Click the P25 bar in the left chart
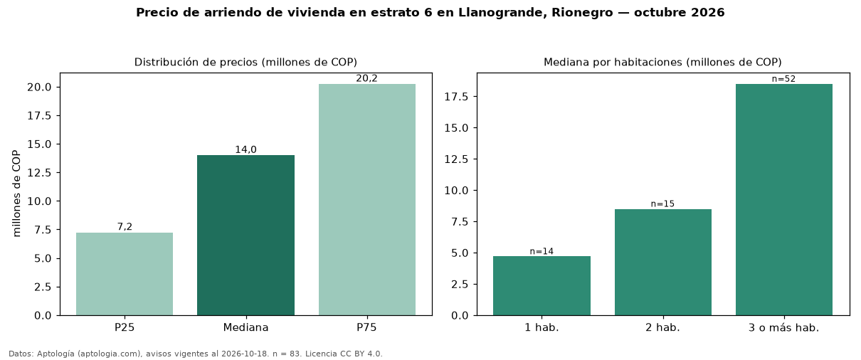point(124,274)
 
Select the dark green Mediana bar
point(245,235)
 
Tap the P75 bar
point(367,200)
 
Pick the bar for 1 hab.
point(542,286)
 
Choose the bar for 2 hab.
point(663,263)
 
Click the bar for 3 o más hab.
point(784,200)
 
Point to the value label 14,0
point(245,149)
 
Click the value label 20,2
point(366,78)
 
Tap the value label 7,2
point(125,227)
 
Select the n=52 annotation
point(783,79)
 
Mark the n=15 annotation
point(662,203)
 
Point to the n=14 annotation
point(542,251)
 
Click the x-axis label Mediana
point(245,327)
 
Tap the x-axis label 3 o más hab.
point(783,328)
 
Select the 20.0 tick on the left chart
point(39,88)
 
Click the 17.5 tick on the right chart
point(456,97)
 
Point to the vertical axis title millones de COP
point(16,194)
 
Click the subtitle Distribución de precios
point(196,62)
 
